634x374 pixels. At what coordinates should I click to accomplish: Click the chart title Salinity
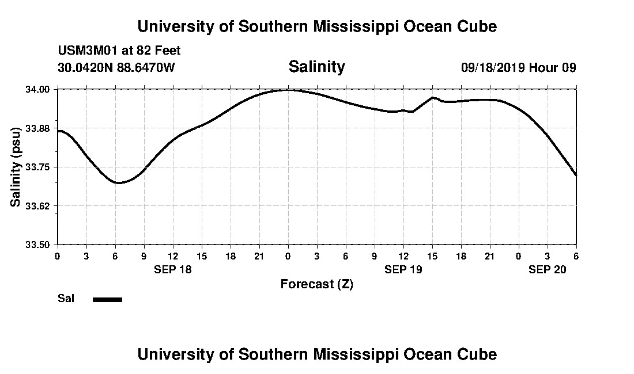pos(316,67)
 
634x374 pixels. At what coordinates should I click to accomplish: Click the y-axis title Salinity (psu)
pos(16,167)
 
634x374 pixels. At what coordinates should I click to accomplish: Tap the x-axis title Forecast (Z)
pos(316,284)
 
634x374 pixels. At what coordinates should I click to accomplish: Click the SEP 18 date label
pos(172,269)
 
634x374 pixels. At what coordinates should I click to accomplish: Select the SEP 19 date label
pos(403,269)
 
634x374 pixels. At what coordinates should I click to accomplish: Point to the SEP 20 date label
pos(548,269)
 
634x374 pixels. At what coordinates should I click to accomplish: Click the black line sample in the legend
pos(107,299)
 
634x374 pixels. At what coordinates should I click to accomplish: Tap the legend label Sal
pos(66,299)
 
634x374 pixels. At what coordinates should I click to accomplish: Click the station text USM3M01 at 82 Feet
pos(119,51)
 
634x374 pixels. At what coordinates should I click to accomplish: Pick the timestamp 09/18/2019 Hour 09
pos(518,67)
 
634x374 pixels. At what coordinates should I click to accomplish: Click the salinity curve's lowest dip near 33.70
pos(118,183)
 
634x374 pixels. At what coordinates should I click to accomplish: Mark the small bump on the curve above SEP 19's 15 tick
pos(433,98)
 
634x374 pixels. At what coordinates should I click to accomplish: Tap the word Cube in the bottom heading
pos(479,354)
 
